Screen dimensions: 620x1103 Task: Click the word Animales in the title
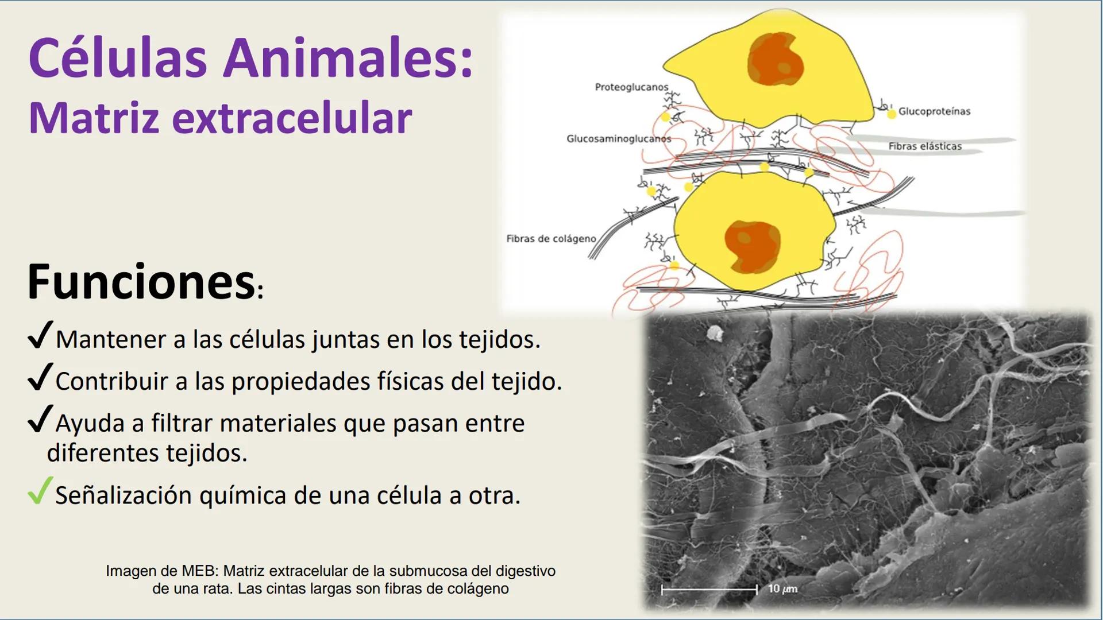click(x=348, y=58)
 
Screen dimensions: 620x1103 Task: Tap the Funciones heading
click(x=141, y=282)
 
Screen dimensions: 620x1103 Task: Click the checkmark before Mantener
click(x=40, y=335)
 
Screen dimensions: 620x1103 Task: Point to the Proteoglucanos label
click(x=631, y=87)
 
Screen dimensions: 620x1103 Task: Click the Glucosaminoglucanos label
click(x=618, y=139)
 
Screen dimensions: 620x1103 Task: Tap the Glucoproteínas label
click(x=934, y=111)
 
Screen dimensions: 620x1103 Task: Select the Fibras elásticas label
click(x=925, y=146)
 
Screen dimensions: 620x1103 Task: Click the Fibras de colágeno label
click(x=551, y=239)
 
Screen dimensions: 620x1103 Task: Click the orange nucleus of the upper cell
click(x=775, y=60)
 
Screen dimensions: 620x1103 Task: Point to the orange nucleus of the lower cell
click(x=752, y=246)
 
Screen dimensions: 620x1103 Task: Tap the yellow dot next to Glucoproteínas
click(x=892, y=114)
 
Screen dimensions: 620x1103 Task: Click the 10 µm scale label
click(x=782, y=589)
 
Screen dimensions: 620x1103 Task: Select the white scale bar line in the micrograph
click(x=709, y=590)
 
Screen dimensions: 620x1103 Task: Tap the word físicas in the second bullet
click(x=410, y=382)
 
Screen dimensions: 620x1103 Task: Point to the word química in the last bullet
click(x=244, y=495)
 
